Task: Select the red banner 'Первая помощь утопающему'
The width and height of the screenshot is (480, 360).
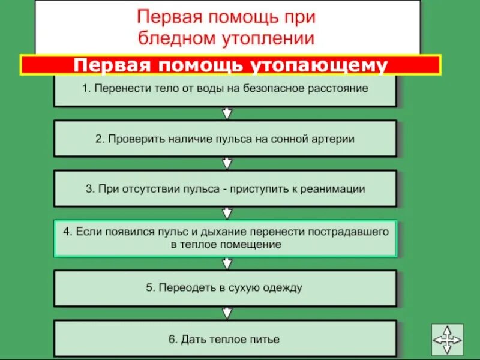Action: point(231,65)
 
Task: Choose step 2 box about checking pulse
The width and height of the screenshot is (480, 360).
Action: point(225,139)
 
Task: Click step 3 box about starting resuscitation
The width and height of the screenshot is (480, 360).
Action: point(225,188)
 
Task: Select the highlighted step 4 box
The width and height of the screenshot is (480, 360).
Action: point(225,238)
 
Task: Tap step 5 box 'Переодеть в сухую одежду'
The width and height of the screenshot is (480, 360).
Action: point(225,288)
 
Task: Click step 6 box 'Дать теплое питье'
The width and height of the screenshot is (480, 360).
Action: point(225,338)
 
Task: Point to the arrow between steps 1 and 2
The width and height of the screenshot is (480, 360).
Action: point(226,114)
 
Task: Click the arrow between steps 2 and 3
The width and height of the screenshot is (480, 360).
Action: point(226,163)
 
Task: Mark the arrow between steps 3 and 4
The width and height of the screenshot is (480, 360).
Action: point(226,213)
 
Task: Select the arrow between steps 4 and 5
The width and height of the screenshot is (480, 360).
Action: point(226,263)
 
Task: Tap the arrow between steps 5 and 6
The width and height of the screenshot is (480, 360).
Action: point(226,313)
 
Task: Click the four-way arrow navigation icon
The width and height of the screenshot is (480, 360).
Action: point(447,340)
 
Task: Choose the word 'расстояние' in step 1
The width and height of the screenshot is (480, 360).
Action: point(339,89)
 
